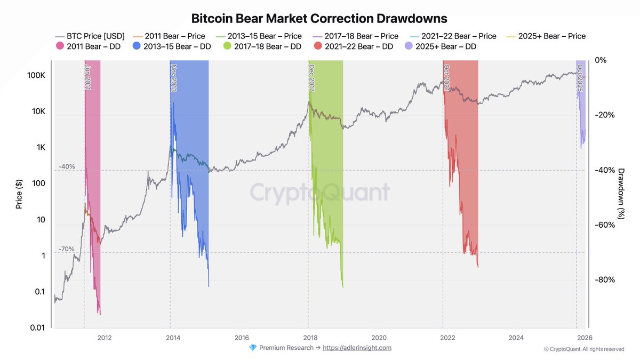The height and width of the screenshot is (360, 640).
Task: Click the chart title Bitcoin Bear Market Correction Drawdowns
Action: coord(319,19)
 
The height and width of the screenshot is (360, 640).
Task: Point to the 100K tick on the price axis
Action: coord(35,75)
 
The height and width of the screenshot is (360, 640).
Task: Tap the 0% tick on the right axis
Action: coord(601,60)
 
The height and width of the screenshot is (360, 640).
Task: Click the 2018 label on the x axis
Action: coord(310,338)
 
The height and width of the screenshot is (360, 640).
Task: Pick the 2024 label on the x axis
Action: coord(516,338)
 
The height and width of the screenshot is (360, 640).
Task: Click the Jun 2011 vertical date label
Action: coord(87,77)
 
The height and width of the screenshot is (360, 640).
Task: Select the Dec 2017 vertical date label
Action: coord(311,78)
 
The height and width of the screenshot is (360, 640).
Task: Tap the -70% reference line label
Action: coord(67,249)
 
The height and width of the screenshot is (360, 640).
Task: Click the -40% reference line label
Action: coord(67,166)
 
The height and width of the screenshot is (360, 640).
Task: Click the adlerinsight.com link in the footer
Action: coord(357,348)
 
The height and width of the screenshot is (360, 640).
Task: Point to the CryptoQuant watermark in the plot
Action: coord(320,192)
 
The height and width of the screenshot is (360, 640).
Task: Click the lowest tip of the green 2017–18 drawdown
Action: coord(342,287)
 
